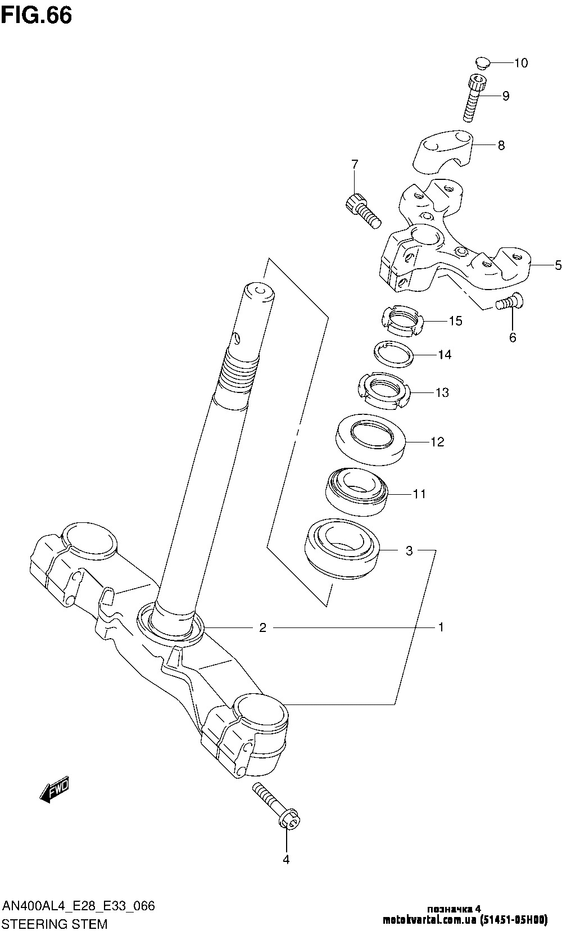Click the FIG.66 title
37,15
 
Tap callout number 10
521,63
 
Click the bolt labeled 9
474,97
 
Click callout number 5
558,265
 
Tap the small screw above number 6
510,301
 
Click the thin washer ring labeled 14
394,354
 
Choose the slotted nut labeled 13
384,391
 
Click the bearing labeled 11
357,492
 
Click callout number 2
262,627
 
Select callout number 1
441,627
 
